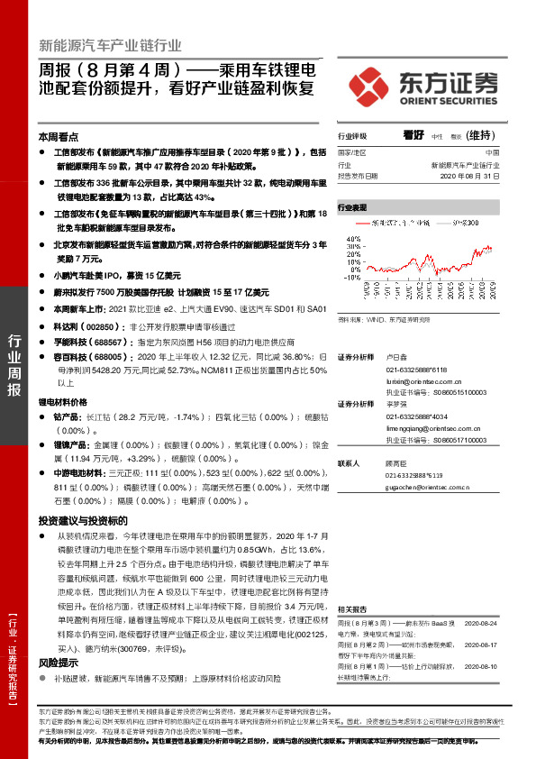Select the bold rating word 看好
click(413, 134)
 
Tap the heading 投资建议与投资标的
click(83, 521)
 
